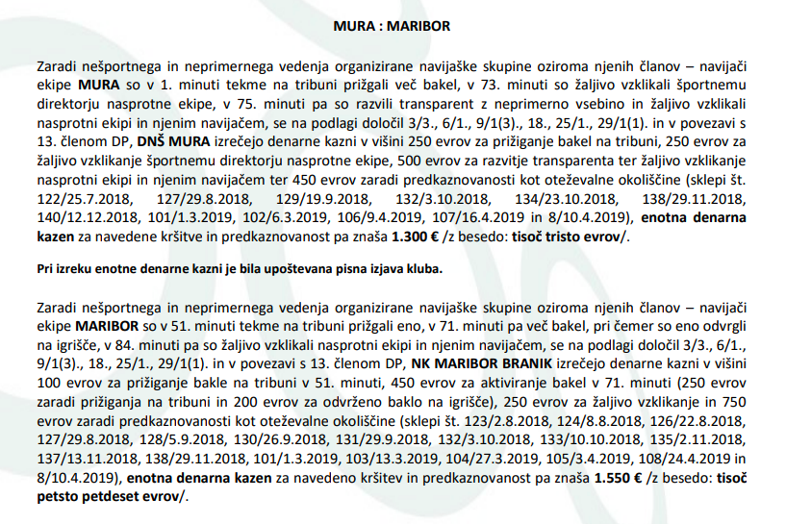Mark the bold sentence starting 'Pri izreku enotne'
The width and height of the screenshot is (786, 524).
pyautogui.click(x=240, y=269)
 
